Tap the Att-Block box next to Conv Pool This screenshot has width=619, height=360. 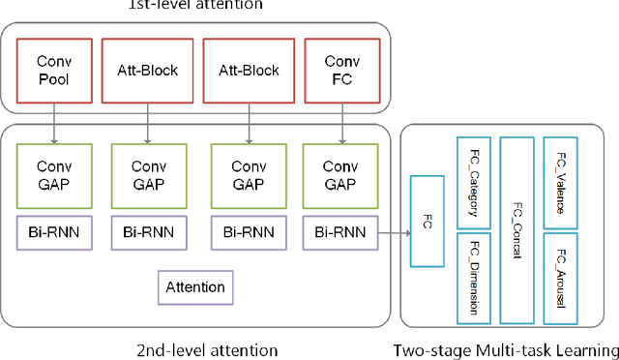point(147,71)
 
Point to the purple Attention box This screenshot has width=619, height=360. point(195,287)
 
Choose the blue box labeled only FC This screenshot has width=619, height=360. point(427,222)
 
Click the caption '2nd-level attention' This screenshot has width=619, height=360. point(194,349)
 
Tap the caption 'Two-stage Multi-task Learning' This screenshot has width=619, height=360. point(506,349)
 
